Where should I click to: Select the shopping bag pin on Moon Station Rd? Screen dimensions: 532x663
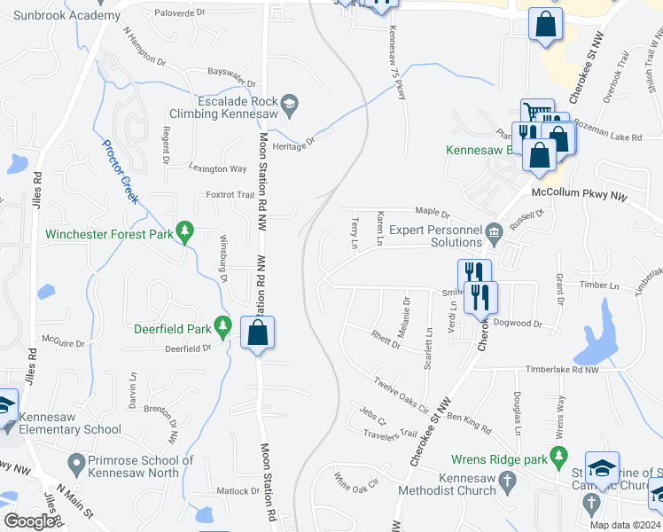[257, 334]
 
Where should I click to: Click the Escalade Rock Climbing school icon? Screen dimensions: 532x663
[290, 106]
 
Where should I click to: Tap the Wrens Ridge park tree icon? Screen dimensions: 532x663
[558, 458]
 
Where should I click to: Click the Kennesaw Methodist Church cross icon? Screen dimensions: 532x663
[507, 484]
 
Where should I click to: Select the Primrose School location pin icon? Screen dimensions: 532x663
[76, 462]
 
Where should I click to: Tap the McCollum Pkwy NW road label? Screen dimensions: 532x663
[578, 192]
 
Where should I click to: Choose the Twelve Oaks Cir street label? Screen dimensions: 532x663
[401, 396]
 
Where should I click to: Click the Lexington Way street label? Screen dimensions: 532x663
[218, 168]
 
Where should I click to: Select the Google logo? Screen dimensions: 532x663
[30, 521]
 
